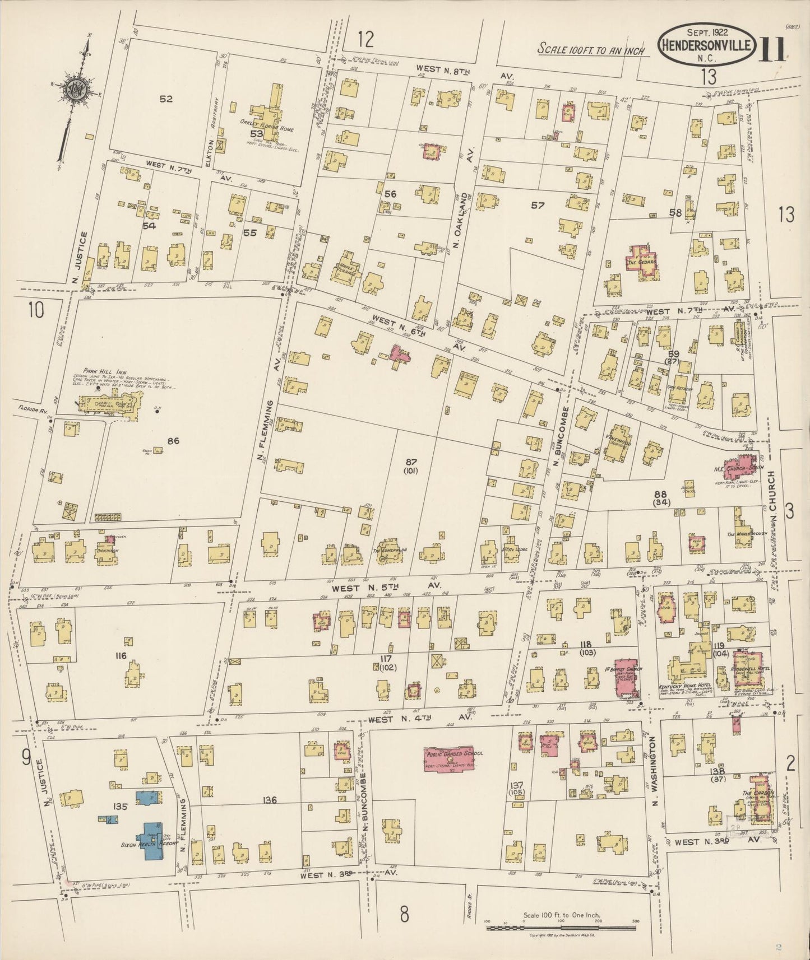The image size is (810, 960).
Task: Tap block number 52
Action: coord(165,99)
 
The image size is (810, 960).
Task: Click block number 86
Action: coord(173,441)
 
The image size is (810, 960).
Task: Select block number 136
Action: coord(270,800)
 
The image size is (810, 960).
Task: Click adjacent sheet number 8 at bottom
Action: coord(404,914)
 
